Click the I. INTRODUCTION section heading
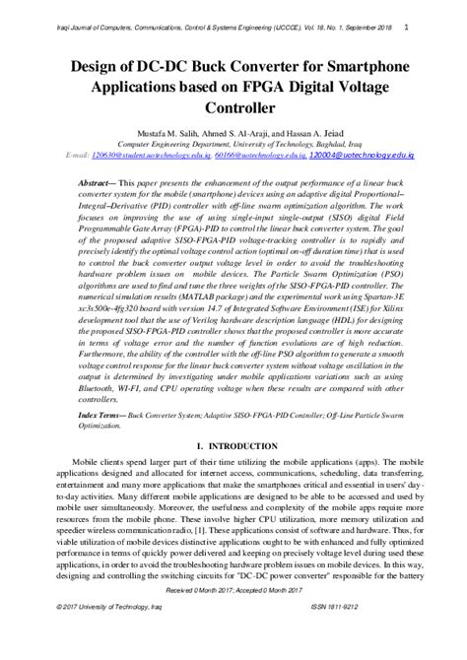(x=233, y=475)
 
